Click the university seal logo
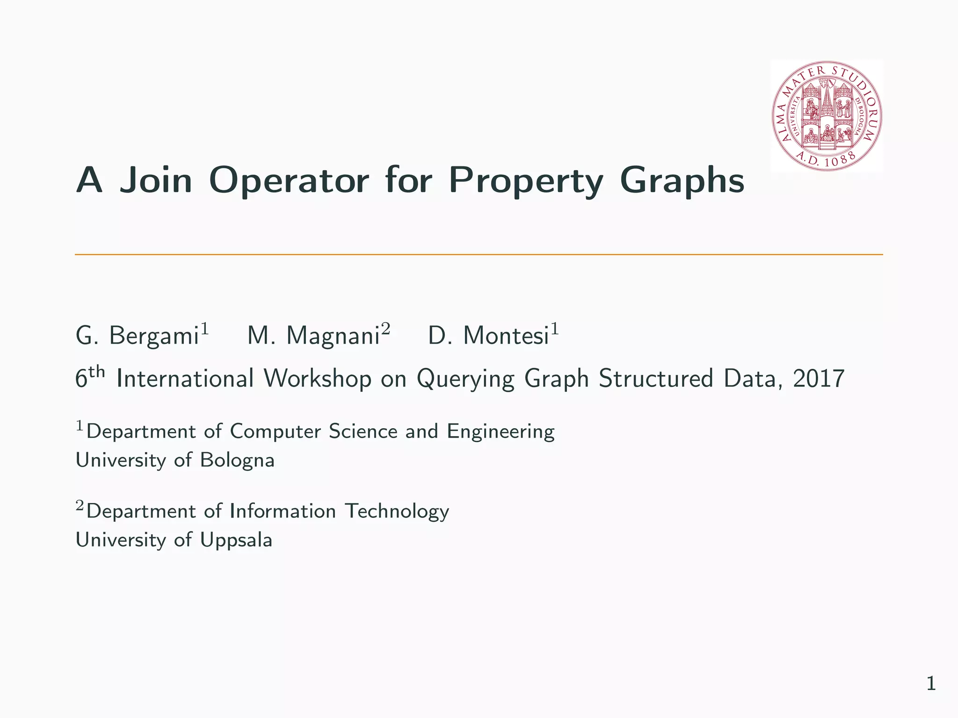(x=827, y=115)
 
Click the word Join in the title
(x=156, y=180)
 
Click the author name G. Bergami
(x=138, y=336)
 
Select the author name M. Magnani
(x=313, y=336)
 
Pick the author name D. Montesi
(x=488, y=336)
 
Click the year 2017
(x=819, y=378)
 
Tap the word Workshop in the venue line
(x=318, y=378)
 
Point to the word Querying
(x=465, y=379)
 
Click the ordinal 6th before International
(x=89, y=377)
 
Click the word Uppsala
(x=236, y=540)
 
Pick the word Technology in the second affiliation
(x=397, y=511)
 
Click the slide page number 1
(x=931, y=684)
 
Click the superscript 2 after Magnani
(x=385, y=329)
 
